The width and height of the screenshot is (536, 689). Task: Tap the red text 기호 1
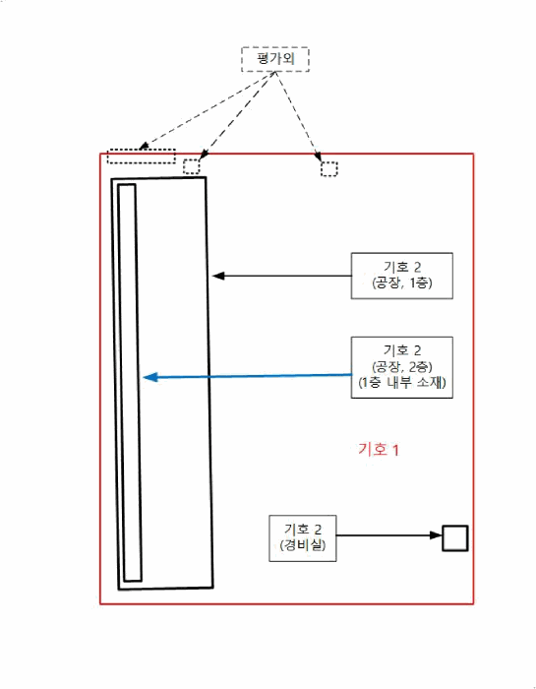click(379, 450)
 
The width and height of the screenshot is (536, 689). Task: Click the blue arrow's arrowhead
click(150, 377)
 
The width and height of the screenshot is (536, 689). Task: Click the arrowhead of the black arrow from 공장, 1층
click(218, 276)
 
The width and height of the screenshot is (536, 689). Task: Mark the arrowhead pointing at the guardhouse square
click(436, 535)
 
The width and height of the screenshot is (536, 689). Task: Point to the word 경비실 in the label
click(303, 545)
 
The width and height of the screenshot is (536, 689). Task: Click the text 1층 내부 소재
click(402, 382)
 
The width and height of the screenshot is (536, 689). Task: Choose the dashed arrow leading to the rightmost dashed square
click(298, 116)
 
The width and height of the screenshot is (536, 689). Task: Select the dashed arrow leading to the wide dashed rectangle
click(207, 110)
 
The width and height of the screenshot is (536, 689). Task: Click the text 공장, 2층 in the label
click(402, 366)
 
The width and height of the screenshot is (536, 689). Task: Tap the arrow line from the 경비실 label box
click(388, 535)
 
